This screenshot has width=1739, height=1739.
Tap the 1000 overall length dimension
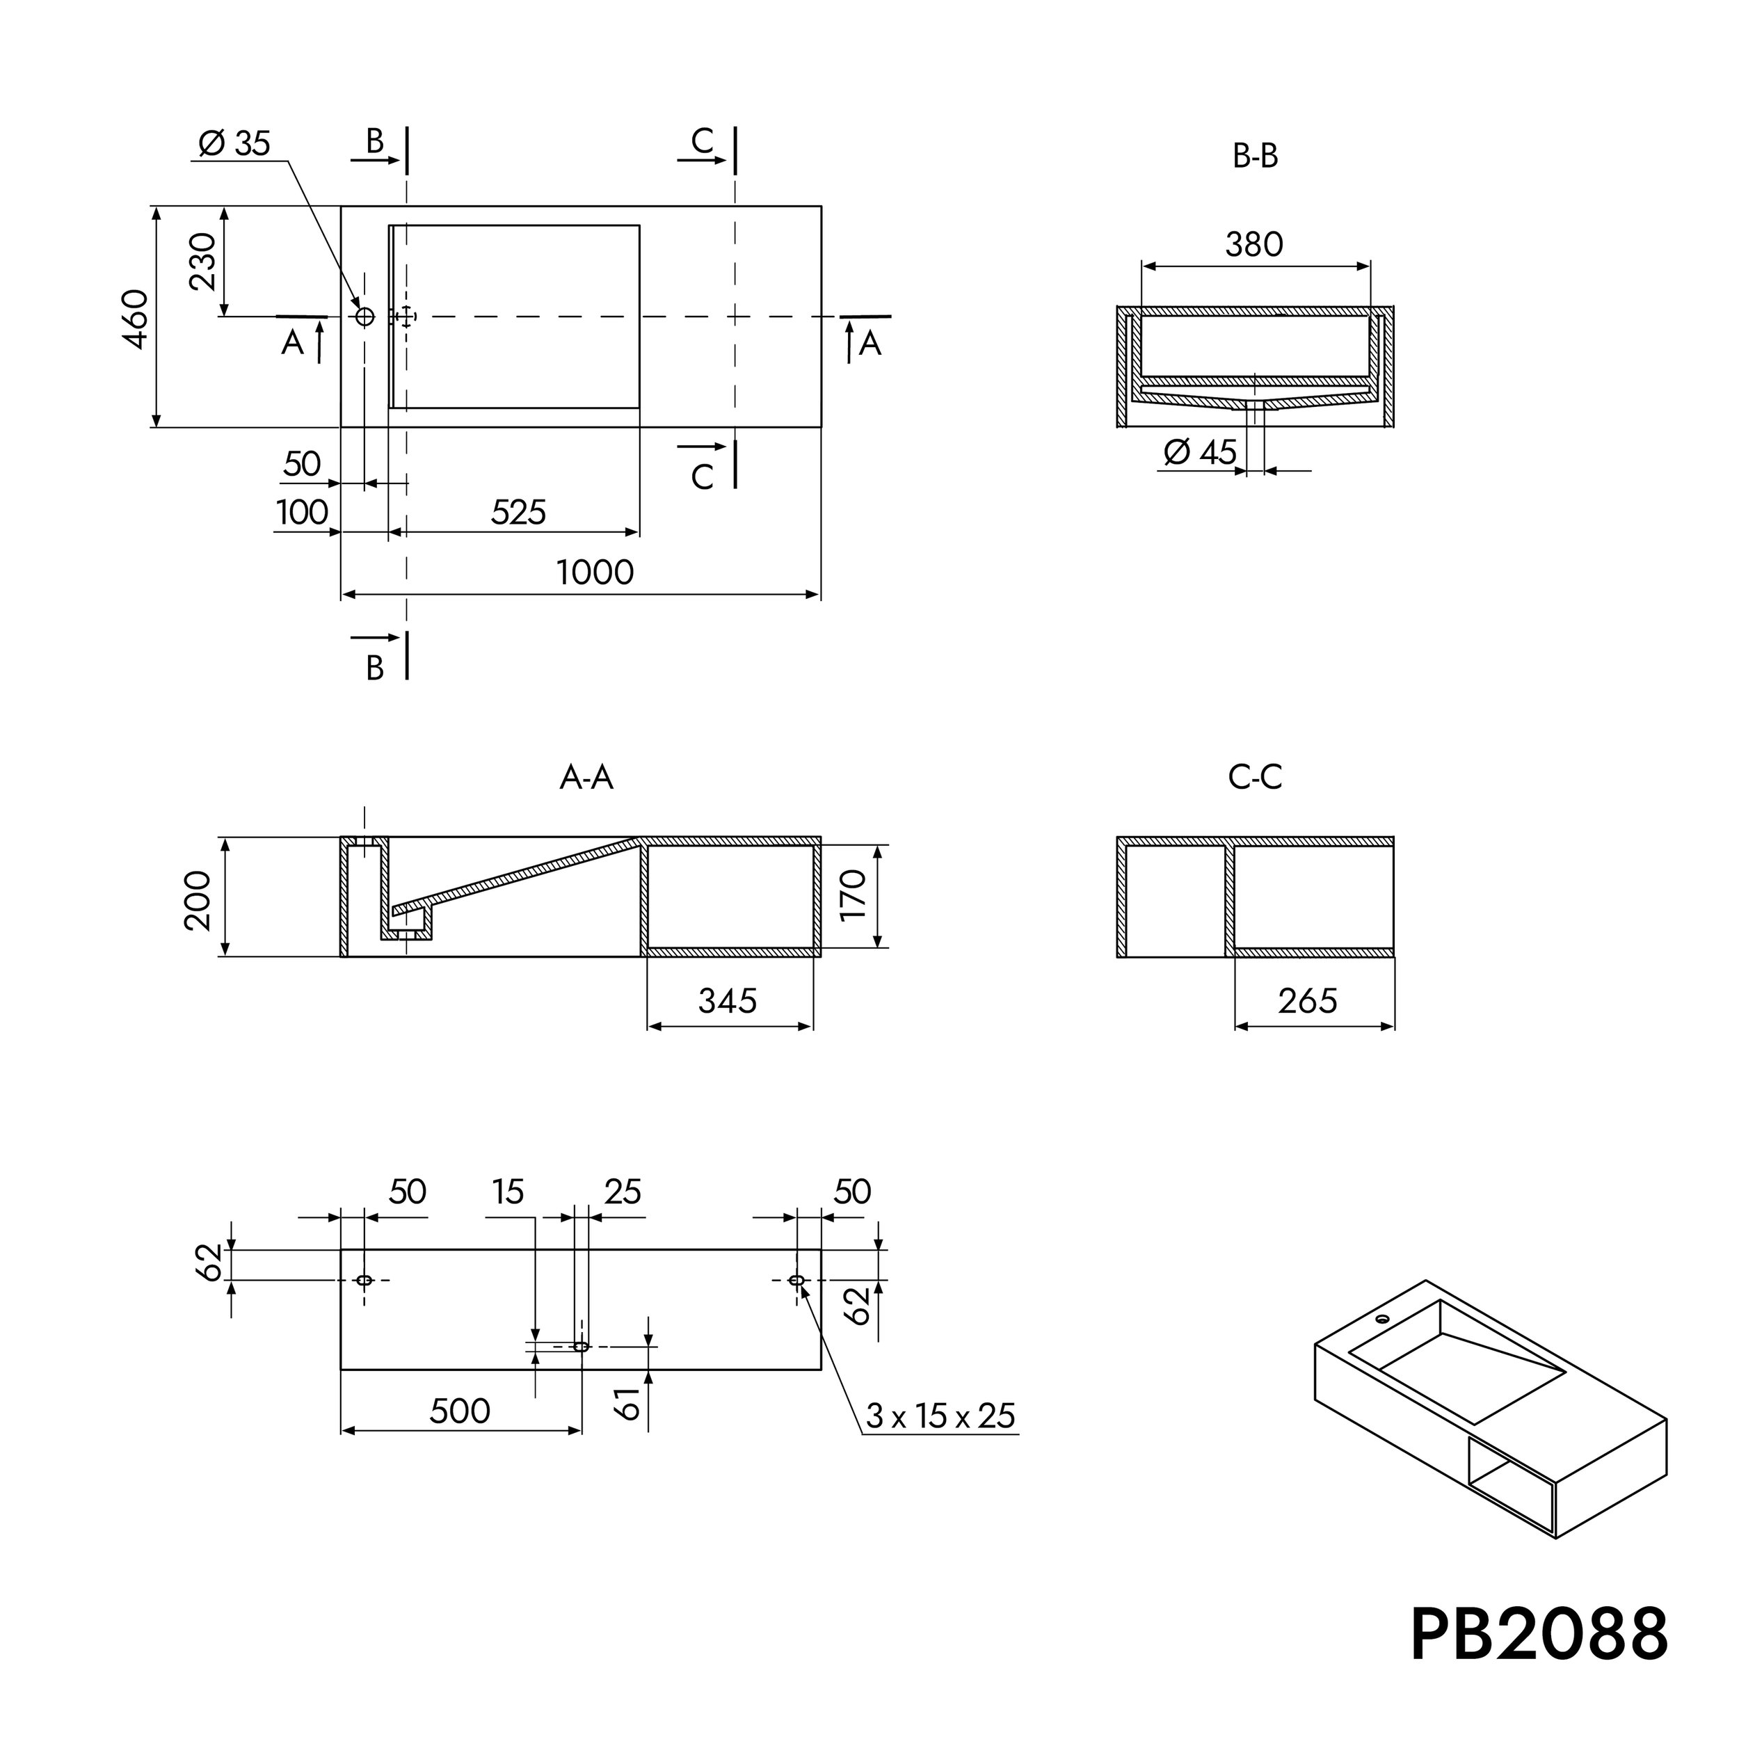(x=595, y=572)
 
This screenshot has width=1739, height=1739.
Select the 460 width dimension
(x=135, y=319)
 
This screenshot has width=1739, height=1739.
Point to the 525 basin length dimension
(x=518, y=512)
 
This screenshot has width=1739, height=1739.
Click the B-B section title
(x=1255, y=157)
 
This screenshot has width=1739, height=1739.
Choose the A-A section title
(x=586, y=777)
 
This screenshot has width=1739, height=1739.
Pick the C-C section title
(x=1255, y=777)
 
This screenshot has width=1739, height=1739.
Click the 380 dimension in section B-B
(x=1254, y=244)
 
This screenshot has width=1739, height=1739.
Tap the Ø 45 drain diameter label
(x=1201, y=452)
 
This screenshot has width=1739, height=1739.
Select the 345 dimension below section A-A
(x=728, y=1001)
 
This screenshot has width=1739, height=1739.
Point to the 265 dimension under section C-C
(x=1308, y=1001)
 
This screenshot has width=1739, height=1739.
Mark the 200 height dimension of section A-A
(x=197, y=899)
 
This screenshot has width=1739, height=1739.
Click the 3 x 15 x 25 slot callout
(x=940, y=1416)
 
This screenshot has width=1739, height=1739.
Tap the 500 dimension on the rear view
(x=460, y=1411)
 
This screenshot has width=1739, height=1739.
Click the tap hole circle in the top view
(x=364, y=316)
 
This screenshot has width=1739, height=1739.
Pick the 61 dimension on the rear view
(x=627, y=1404)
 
